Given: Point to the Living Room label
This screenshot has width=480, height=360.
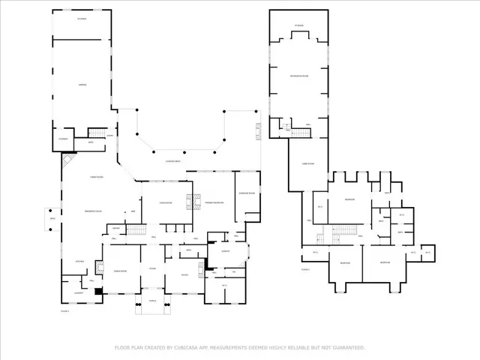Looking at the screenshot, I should point(166,203).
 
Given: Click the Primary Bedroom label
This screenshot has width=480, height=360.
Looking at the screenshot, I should point(214,203).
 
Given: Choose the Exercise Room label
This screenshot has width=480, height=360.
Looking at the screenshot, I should point(247,193).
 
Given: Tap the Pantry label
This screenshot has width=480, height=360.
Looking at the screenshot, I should point(116,229).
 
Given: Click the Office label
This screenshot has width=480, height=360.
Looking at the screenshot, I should point(184,274).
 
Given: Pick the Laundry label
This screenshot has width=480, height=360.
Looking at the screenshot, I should point(78,292).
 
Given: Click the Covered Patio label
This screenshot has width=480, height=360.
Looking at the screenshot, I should point(176,161).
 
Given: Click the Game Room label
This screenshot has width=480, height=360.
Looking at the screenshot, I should point(307,163).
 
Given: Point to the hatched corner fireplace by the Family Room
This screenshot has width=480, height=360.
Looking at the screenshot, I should point(68,160).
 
